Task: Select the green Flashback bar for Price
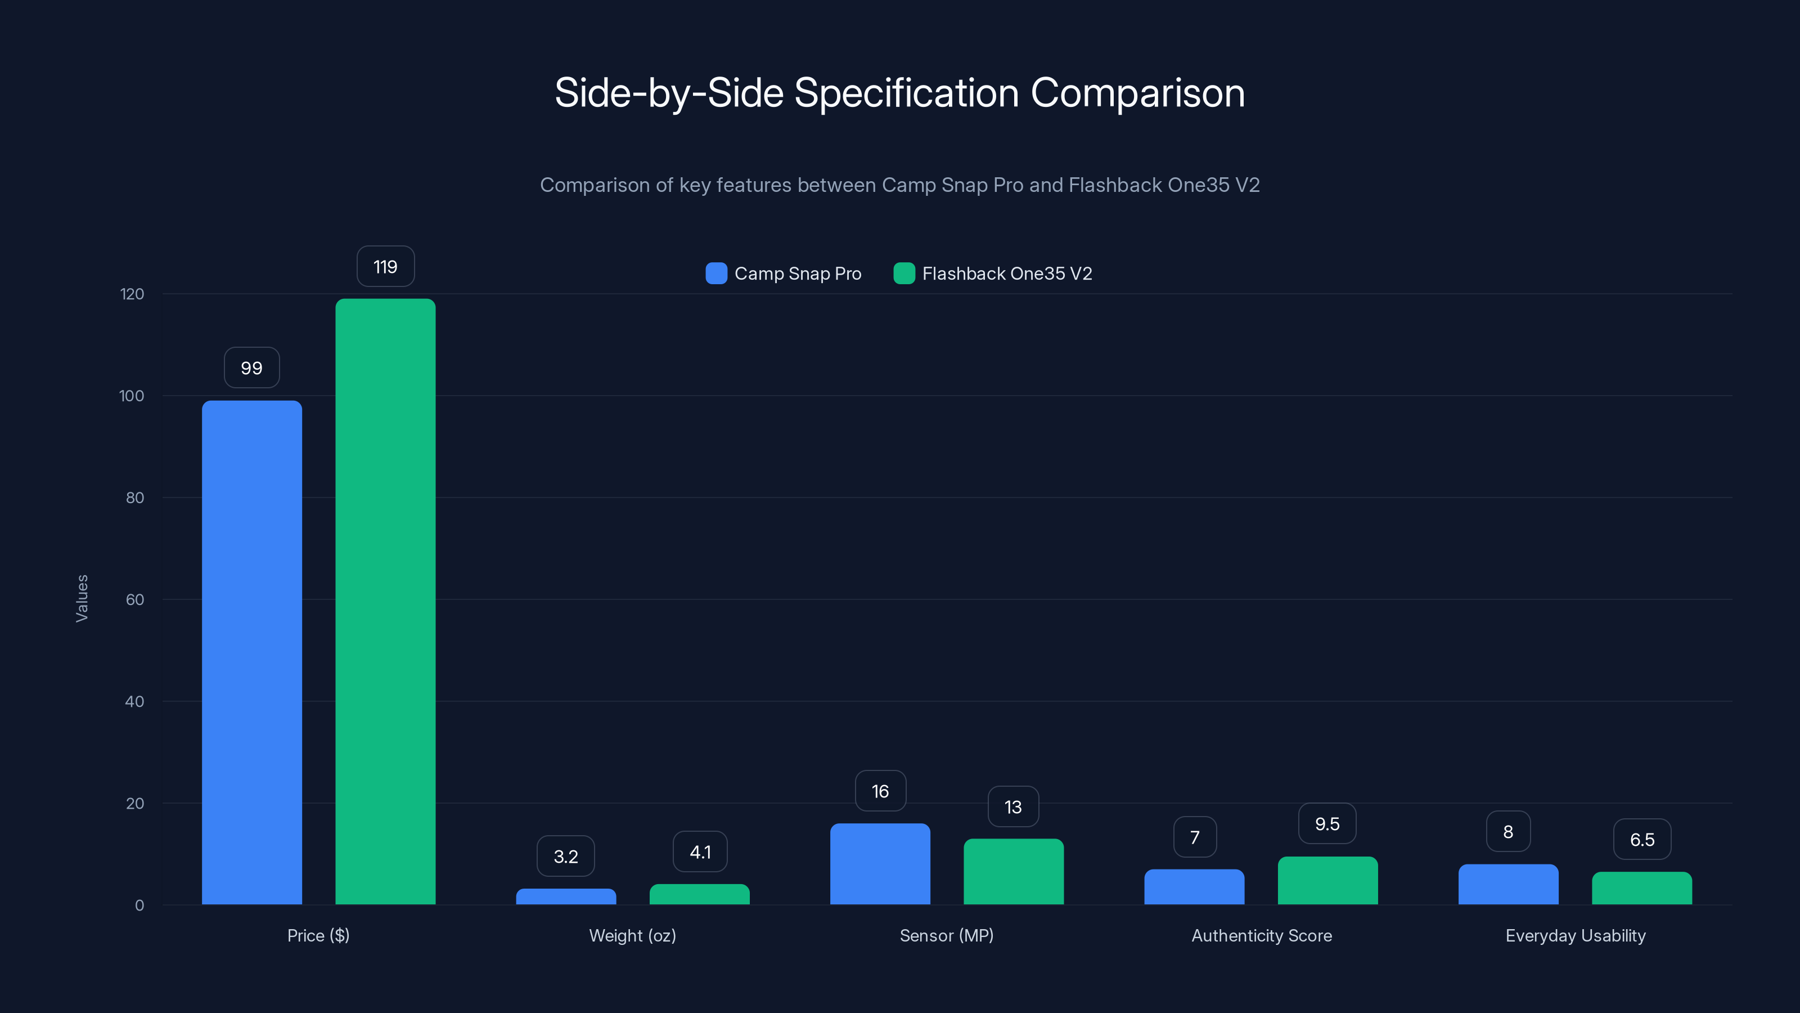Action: click(385, 601)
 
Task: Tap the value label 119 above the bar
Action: click(385, 266)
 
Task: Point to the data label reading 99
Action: click(251, 367)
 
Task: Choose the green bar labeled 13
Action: click(1013, 872)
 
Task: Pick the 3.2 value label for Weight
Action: click(565, 857)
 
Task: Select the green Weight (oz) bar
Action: click(699, 895)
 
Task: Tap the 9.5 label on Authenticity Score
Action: click(1327, 823)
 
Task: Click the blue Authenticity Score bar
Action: click(1194, 887)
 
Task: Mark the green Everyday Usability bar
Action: click(1641, 889)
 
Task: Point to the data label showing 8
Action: click(1508, 831)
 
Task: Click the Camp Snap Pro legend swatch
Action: click(716, 274)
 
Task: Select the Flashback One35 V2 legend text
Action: click(1006, 274)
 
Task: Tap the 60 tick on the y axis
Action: click(135, 600)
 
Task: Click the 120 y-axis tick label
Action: click(132, 294)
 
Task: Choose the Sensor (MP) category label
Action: click(946, 935)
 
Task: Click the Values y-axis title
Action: click(82, 598)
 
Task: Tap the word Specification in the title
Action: click(906, 93)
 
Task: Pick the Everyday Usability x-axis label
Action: click(1575, 935)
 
